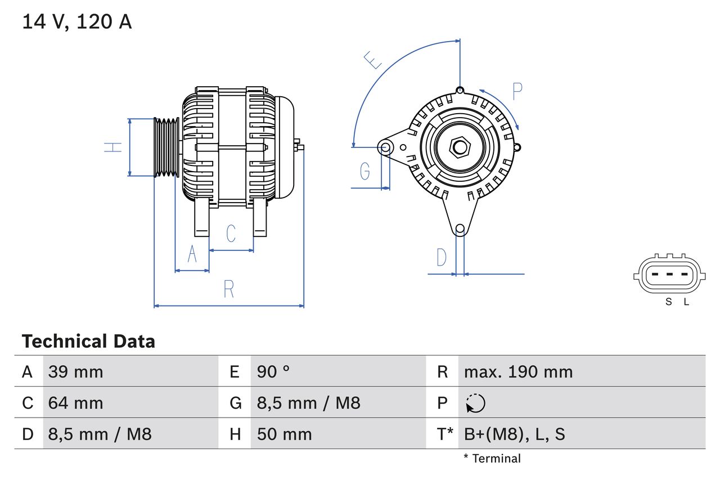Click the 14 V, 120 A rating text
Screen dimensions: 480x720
pos(77,22)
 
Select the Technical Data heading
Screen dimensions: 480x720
pos(88,342)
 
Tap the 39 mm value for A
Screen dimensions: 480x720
pos(75,371)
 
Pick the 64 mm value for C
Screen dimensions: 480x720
pos(75,403)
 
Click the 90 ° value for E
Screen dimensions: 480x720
pos(273,371)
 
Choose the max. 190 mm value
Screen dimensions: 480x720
pos(518,371)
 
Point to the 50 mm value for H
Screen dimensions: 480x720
pos(284,434)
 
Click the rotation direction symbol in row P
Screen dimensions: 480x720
pos(475,403)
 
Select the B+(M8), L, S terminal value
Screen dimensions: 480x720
pos(514,434)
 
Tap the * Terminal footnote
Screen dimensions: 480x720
pos(492,459)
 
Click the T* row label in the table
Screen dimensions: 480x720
pos(445,434)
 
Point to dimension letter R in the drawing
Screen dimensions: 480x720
pos(228,289)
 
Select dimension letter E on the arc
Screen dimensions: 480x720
pos(372,60)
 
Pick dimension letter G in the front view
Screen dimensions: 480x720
pos(365,171)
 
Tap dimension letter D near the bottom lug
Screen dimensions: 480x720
pos(442,258)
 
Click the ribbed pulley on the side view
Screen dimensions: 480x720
pos(166,147)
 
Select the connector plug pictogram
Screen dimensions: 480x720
pos(668,276)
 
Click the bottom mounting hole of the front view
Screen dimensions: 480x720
pos(460,228)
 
